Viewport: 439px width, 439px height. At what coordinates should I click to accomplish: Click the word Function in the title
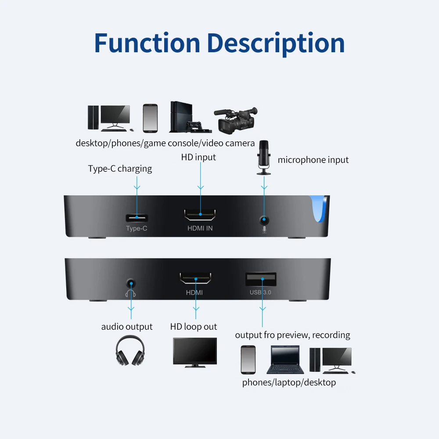[147, 43]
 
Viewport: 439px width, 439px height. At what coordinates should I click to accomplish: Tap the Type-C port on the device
[137, 218]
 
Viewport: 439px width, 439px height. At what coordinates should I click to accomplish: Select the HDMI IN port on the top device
[200, 215]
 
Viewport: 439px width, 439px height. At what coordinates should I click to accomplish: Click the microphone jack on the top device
[264, 220]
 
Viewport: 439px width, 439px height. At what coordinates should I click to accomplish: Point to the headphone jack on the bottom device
[131, 284]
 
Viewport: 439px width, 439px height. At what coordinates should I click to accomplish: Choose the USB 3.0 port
[261, 279]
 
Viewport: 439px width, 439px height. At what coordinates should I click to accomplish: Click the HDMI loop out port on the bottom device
[195, 278]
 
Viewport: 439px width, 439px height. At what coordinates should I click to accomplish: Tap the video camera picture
[236, 120]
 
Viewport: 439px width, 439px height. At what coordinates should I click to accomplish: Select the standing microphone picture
[264, 157]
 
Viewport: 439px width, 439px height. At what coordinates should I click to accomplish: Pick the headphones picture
[130, 351]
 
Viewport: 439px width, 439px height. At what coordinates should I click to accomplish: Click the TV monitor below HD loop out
[195, 353]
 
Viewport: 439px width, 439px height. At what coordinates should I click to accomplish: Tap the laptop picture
[285, 360]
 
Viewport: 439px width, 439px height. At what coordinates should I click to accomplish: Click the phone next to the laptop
[248, 360]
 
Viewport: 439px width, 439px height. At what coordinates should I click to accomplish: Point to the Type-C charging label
[120, 169]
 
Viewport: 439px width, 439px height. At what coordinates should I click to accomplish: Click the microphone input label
[313, 160]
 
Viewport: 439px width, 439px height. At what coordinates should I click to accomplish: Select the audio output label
[127, 327]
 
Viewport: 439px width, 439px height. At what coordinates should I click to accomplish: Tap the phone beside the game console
[150, 118]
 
